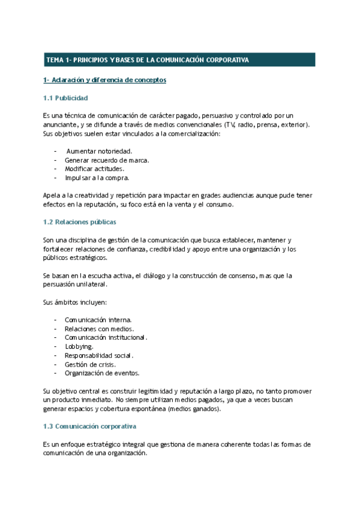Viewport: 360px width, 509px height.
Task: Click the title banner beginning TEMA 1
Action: [179, 60]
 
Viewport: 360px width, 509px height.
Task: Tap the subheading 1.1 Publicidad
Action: [65, 97]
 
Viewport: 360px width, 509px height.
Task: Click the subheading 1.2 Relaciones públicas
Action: [79, 222]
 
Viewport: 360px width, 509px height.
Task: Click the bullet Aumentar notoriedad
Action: [99, 151]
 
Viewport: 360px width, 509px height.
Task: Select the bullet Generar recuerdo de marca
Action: [107, 160]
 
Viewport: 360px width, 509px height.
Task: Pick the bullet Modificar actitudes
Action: [95, 169]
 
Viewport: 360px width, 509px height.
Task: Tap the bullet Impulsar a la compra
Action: [97, 178]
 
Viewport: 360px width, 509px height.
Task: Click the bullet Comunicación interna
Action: [98, 320]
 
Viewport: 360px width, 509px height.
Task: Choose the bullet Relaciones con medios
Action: [99, 329]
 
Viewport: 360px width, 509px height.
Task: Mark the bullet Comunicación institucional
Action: [106, 338]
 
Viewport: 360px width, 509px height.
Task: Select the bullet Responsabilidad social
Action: [99, 356]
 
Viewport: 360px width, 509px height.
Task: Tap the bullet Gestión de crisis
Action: [91, 364]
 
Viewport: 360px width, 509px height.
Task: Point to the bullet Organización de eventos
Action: [102, 373]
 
